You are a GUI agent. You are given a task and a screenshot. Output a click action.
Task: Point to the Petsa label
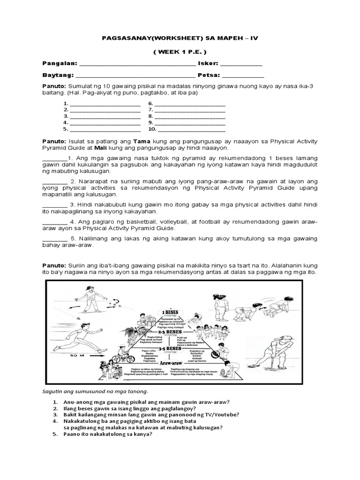(209, 75)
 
